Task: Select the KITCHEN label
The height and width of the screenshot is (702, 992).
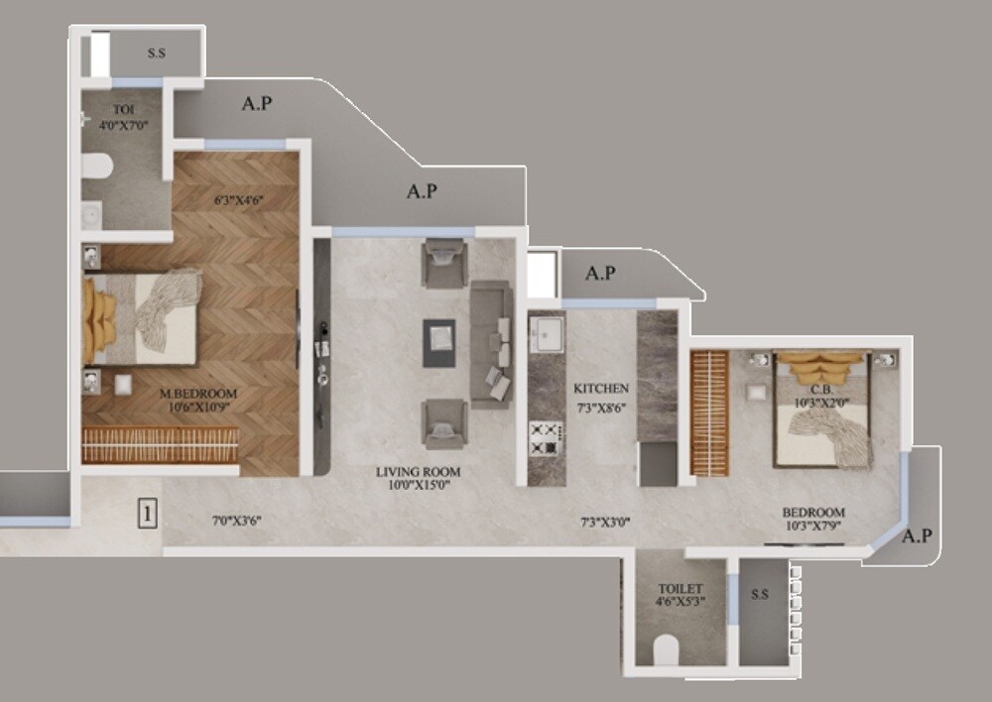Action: [600, 389]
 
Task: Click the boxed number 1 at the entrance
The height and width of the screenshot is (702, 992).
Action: [146, 514]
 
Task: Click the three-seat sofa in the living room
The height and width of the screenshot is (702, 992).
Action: [490, 343]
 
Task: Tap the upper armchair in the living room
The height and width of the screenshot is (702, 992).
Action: [442, 263]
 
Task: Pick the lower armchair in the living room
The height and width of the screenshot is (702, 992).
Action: [442, 422]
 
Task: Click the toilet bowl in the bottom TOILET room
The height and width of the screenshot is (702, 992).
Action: [665, 649]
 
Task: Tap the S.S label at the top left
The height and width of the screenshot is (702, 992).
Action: [156, 54]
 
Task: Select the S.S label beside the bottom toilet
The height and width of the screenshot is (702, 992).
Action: [760, 595]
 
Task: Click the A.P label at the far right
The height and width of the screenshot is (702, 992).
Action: [917, 535]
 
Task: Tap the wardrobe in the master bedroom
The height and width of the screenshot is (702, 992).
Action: [161, 445]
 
